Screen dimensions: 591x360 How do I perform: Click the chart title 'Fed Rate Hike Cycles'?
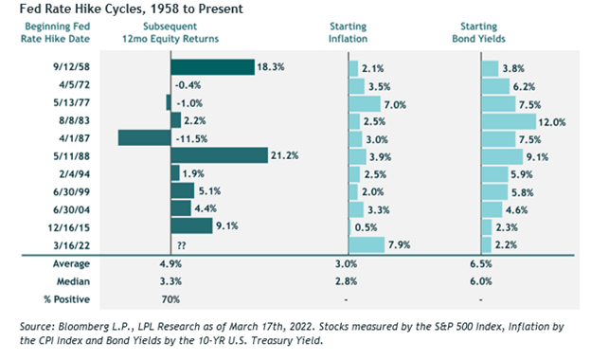[81, 9]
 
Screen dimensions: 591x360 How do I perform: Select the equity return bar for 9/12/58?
[212, 67]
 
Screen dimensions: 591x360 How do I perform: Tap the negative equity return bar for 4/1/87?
[144, 138]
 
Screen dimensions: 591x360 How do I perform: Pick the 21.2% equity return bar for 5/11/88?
[220, 155]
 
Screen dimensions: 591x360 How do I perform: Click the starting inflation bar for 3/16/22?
[367, 245]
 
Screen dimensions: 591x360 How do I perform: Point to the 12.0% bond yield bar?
[509, 121]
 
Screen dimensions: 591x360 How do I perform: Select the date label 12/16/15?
[69, 227]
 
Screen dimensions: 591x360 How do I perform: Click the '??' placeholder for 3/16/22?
[181, 245]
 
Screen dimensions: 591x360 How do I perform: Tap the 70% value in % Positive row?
[170, 299]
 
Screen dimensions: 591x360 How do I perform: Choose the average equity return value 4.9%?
[170, 264]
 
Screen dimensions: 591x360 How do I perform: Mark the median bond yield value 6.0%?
[481, 281]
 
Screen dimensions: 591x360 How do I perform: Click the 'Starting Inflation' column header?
[348, 32]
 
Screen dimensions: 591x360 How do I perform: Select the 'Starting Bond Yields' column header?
[478, 32]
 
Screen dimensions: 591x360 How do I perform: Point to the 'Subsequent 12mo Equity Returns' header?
[170, 32]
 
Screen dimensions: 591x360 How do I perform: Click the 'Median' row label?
[73, 281]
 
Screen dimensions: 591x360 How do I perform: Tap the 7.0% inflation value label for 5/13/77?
[395, 105]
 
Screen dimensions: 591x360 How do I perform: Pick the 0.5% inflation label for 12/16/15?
[366, 227]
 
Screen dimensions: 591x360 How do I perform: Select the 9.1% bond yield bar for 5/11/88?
[502, 157]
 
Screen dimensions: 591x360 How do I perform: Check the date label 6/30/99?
[72, 192]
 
